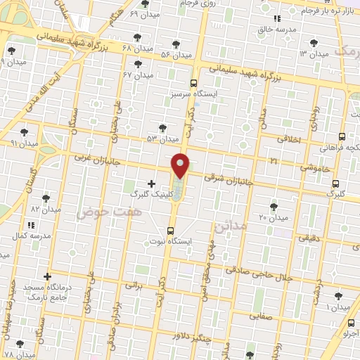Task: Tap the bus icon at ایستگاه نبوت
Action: [171, 231]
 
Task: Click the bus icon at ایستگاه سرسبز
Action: [194, 82]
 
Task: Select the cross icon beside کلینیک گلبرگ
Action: [152, 184]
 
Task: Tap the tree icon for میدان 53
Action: [162, 128]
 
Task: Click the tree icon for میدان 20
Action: [274, 207]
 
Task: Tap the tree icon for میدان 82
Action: [46, 198]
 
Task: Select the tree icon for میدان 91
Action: [25, 132]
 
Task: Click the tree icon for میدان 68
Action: [136, 37]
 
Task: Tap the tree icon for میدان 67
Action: [138, 64]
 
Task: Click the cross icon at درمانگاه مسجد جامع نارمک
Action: [47, 278]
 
